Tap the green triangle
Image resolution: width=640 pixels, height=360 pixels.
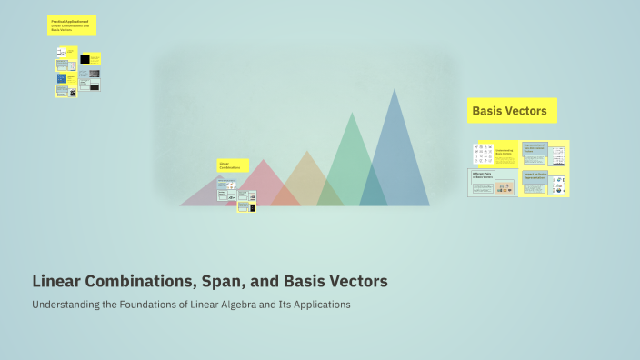(345, 164)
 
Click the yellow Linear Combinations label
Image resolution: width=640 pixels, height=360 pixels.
(231, 166)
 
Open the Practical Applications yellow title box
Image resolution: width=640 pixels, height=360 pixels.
(71, 25)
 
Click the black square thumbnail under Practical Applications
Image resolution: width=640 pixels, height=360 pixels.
(85, 58)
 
